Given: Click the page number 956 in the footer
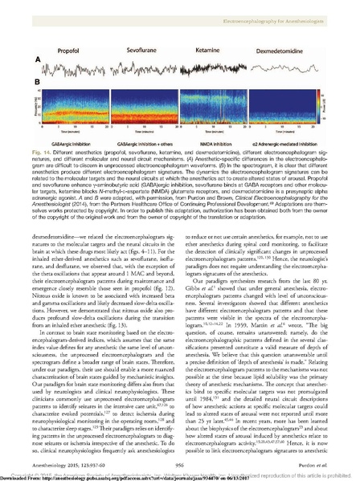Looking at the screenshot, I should click(179, 452).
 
